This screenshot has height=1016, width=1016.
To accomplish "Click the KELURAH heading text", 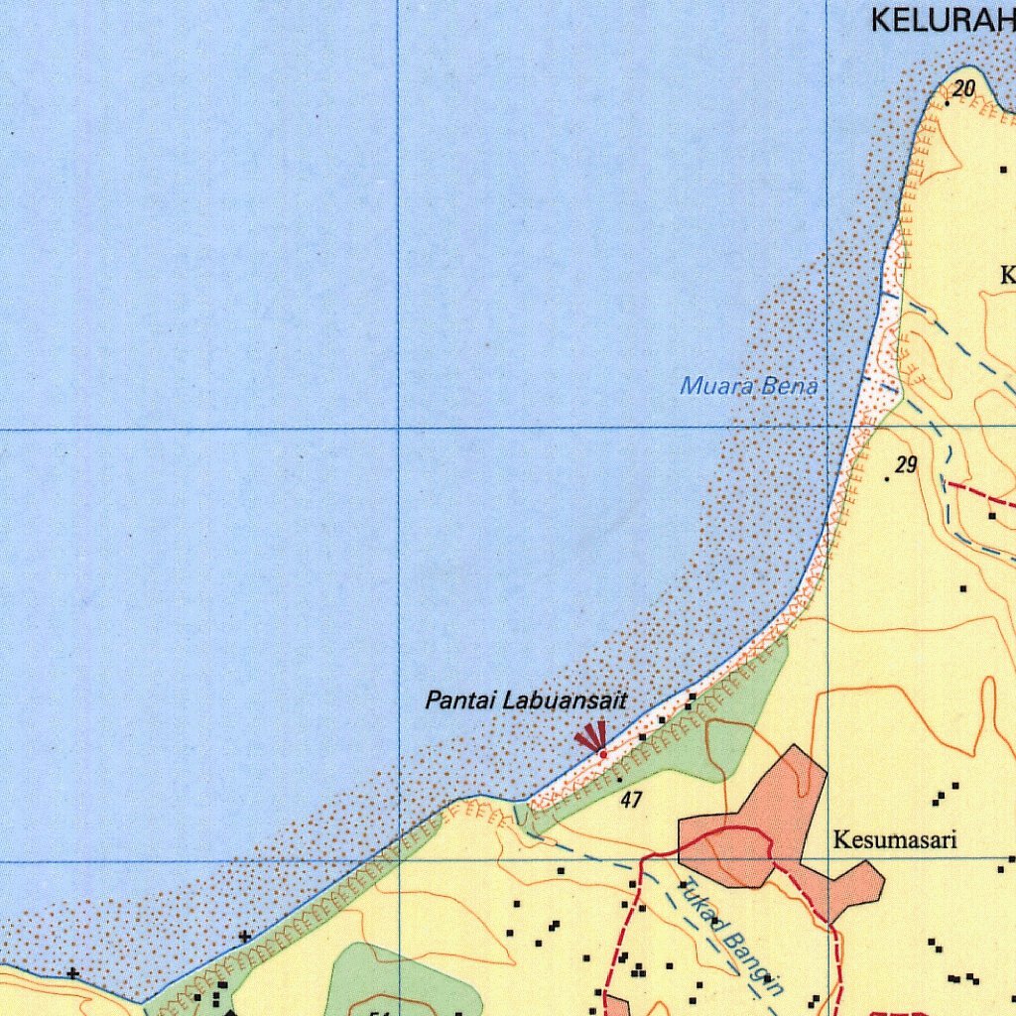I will pyautogui.click(x=943, y=20).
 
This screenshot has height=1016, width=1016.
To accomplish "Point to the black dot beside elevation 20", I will pyautogui.click(x=948, y=102).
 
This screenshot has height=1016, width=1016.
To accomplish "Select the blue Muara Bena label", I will pyautogui.click(x=749, y=386).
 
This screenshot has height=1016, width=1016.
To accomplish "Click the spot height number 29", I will pyautogui.click(x=906, y=464).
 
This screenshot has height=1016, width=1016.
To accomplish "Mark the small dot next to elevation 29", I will pyautogui.click(x=887, y=480).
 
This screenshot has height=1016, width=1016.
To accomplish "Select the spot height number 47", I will pyautogui.click(x=630, y=799).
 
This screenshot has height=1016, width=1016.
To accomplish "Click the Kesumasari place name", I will pyautogui.click(x=895, y=841).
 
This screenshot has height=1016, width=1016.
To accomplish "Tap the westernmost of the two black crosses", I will pyautogui.click(x=72, y=973).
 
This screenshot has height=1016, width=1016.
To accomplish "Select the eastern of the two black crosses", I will pyautogui.click(x=245, y=936).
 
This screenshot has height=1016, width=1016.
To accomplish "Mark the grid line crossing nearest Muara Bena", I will pyautogui.click(x=827, y=429).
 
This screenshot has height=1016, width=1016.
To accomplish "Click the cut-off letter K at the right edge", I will pyautogui.click(x=1008, y=276).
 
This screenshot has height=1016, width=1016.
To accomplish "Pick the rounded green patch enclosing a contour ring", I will pyautogui.click(x=397, y=982).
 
